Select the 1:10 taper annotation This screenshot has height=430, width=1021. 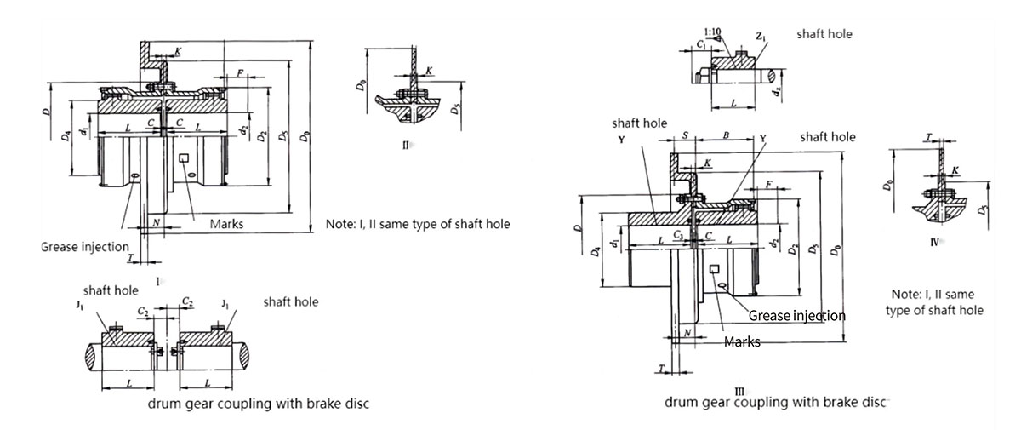click(x=713, y=32)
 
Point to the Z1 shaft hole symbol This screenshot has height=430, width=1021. click(x=761, y=37)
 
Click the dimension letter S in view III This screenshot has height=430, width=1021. click(x=685, y=136)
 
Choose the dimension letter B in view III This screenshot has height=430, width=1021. click(x=725, y=136)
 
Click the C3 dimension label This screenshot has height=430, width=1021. click(x=678, y=232)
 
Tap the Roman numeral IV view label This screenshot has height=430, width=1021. click(x=935, y=242)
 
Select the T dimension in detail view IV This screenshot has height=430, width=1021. click(x=928, y=137)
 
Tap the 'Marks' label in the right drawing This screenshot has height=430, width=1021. click(x=742, y=341)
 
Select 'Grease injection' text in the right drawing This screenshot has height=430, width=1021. click(x=796, y=315)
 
